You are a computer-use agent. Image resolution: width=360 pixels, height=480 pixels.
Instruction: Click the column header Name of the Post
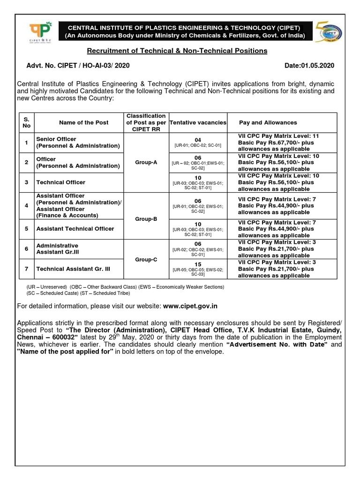(83, 122)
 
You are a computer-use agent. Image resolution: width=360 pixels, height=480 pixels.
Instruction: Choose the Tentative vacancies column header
(198, 122)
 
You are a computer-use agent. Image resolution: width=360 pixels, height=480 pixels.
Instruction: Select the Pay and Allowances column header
(268, 122)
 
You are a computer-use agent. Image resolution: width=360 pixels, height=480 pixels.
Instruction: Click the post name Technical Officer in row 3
(61, 182)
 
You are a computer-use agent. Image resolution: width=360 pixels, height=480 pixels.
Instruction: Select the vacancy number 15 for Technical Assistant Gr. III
(198, 264)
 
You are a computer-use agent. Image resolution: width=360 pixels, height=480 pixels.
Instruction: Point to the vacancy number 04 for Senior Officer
(198, 140)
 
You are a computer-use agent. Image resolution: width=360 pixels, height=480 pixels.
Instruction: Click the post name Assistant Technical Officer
(75, 229)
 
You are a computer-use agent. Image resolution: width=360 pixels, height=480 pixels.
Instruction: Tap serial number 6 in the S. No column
(27, 249)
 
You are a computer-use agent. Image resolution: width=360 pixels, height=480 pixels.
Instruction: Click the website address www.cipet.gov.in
(190, 306)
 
